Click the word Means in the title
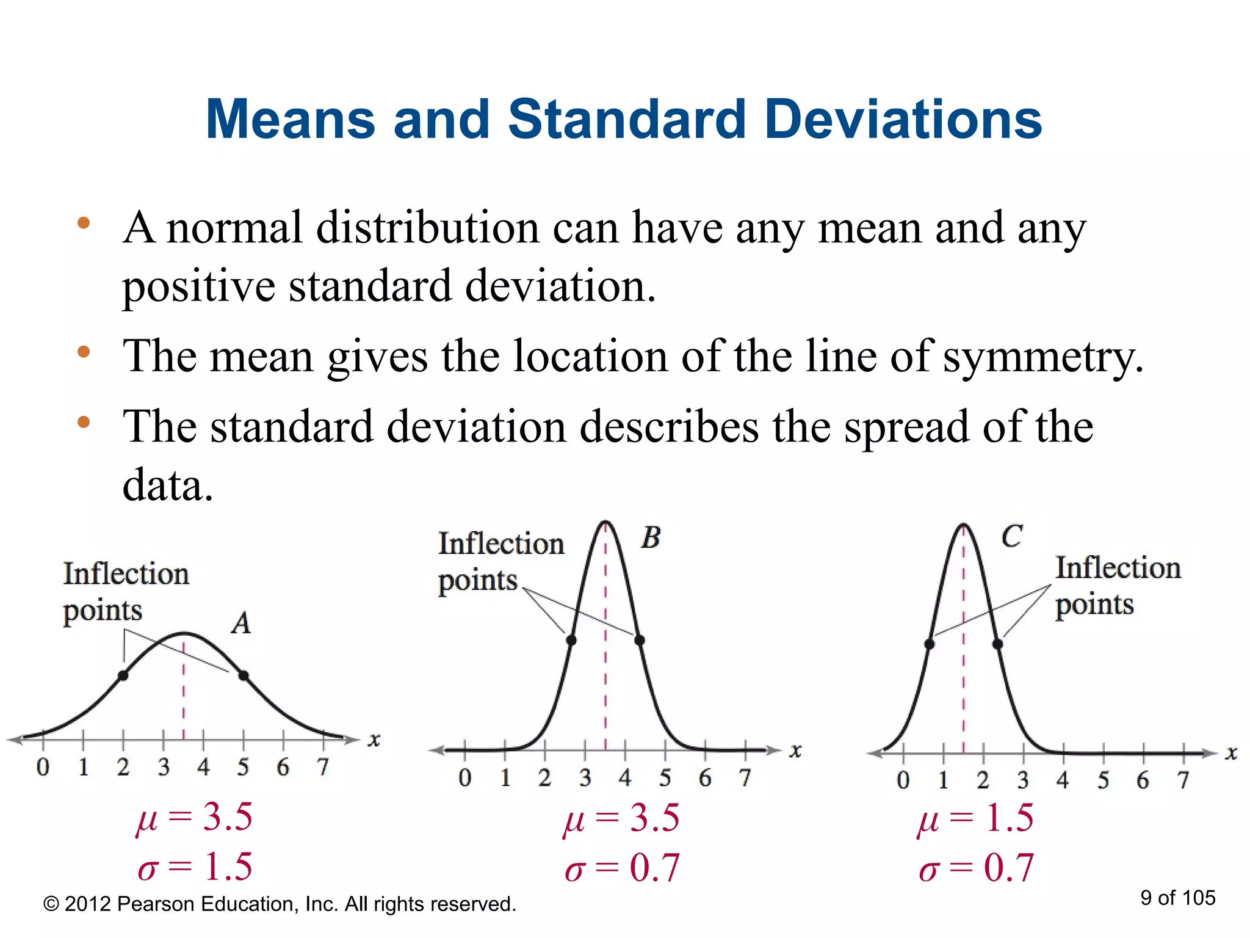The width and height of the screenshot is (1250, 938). [x=290, y=120]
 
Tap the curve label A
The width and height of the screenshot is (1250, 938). [x=242, y=624]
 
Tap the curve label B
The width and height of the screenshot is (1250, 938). [x=651, y=538]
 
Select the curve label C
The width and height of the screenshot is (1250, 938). [x=1011, y=537]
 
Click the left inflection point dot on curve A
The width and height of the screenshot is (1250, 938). [x=123, y=675]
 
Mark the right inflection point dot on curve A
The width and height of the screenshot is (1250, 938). [x=244, y=675]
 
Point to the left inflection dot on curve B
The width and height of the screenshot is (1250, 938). [x=571, y=640]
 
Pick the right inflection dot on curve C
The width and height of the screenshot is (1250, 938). [x=998, y=644]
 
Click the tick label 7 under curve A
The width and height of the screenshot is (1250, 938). [x=323, y=767]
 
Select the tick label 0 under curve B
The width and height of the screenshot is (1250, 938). [x=465, y=777]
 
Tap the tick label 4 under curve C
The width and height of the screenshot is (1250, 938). [x=1063, y=780]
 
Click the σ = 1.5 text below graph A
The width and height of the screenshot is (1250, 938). [x=195, y=867]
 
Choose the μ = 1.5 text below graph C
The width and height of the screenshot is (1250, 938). [x=976, y=818]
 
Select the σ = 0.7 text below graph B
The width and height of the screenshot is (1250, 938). [x=622, y=868]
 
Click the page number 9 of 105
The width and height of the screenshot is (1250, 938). [x=1177, y=898]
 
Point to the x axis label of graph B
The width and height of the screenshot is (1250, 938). [x=795, y=751]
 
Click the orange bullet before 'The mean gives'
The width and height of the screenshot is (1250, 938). [x=84, y=352]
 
